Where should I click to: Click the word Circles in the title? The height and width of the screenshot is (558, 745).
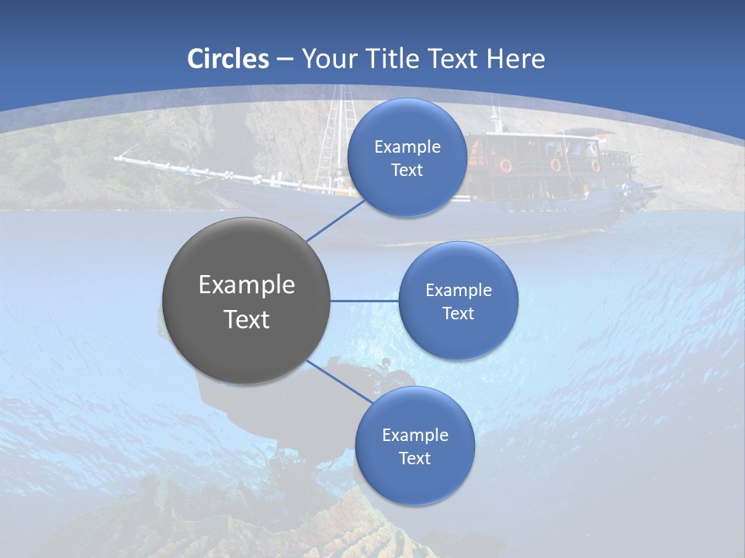point(228,59)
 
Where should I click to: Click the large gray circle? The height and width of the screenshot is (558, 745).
point(246,301)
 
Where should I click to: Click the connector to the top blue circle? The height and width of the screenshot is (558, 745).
point(335,220)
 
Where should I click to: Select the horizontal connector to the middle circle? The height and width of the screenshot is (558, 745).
point(365,301)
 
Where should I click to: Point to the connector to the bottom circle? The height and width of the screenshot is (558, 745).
point(339,381)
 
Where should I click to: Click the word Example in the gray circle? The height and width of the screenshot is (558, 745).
point(246,285)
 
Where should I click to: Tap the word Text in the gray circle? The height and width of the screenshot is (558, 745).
point(246,319)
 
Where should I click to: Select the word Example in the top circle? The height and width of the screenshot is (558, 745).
point(407,147)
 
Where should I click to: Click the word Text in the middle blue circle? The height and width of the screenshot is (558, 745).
point(458,314)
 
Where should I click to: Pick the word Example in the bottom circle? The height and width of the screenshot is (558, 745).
point(414,436)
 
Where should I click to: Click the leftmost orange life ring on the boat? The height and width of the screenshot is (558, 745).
point(505,165)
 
